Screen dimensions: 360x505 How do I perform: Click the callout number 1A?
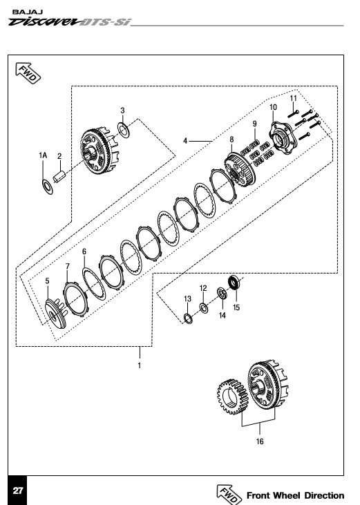click(x=43, y=155)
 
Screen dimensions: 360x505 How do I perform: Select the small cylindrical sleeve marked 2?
click(x=59, y=177)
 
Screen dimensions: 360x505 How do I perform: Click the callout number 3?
click(x=122, y=111)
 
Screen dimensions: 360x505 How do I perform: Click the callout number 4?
click(x=185, y=141)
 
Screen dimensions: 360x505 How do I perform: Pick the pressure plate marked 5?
click(x=56, y=314)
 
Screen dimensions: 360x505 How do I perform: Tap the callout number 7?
click(x=67, y=267)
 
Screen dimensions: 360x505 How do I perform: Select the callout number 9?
click(x=255, y=124)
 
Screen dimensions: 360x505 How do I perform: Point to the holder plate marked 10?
click(x=281, y=139)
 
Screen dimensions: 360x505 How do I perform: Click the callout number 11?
click(x=294, y=98)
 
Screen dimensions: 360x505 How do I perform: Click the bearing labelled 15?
click(x=234, y=283)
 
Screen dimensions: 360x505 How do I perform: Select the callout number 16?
click(x=260, y=441)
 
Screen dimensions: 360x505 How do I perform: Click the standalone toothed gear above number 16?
click(x=232, y=397)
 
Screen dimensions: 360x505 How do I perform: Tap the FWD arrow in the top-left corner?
click(x=28, y=73)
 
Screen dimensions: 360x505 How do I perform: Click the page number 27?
click(x=18, y=490)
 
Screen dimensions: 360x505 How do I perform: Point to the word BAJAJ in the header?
click(x=28, y=12)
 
